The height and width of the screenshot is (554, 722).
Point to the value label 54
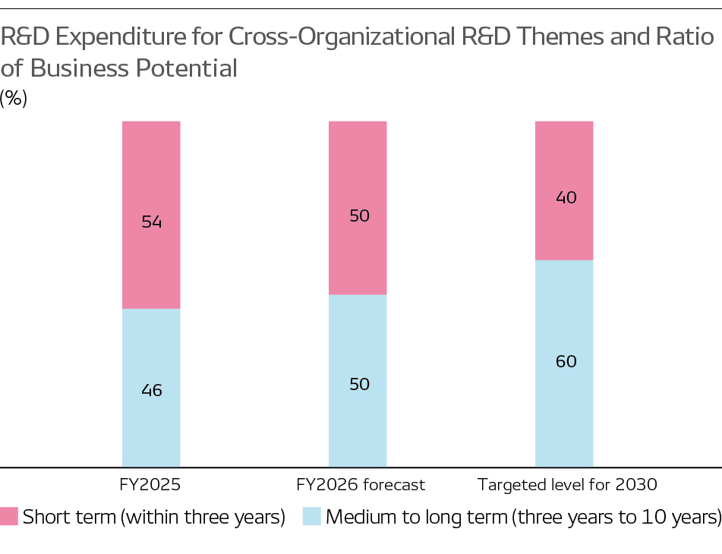152,222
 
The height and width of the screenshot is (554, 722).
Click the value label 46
152,391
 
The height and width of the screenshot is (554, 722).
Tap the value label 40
566,198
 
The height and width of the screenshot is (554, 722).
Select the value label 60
566,361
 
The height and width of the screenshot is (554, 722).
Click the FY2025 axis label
151,484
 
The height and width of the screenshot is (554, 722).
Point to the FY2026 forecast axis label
361,484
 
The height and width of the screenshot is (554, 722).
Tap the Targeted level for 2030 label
566,484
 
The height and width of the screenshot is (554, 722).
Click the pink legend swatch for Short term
9,517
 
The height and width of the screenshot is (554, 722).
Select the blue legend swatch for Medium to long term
312,517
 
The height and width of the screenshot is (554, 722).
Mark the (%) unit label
14,99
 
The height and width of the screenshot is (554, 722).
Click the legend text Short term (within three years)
154,518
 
